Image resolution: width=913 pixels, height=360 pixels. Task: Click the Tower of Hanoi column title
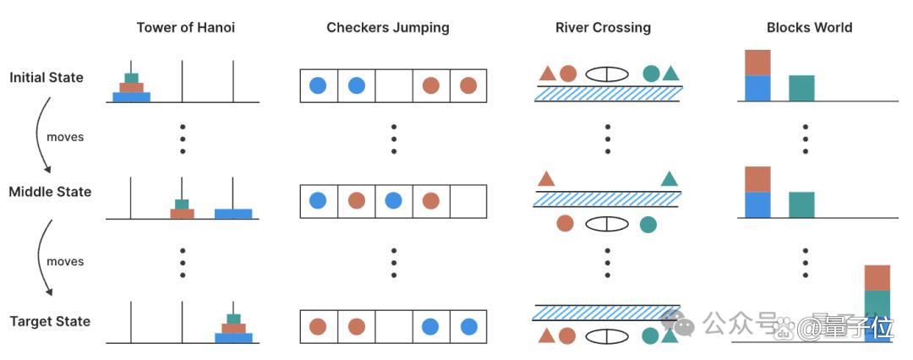186,27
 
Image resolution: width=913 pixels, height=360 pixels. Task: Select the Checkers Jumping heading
388,27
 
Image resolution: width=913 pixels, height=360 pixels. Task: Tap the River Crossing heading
604,27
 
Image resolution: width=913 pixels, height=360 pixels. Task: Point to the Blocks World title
809,27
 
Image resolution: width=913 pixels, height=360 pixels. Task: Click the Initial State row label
46,78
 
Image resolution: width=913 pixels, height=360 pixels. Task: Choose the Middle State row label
50,192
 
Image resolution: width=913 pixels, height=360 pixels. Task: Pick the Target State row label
50,321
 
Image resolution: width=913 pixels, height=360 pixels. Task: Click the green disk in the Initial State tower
132,78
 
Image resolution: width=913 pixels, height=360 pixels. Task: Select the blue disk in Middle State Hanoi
233,214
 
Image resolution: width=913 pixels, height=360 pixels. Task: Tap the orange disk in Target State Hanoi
233,328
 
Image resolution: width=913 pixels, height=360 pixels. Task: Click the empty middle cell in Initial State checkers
394,85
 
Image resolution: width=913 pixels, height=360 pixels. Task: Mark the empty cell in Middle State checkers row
468,202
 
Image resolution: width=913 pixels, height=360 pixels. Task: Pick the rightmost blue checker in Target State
468,326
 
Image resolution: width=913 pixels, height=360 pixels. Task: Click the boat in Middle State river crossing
607,224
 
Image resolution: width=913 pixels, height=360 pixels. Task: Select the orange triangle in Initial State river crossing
547,74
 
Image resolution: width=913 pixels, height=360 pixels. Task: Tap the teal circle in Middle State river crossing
648,224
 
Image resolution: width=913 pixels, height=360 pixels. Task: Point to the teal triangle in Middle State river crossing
670,179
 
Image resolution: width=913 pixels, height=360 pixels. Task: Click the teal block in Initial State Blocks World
801,88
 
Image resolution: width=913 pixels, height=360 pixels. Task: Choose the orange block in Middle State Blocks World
757,179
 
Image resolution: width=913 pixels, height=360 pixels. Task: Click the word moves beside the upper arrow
65,137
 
